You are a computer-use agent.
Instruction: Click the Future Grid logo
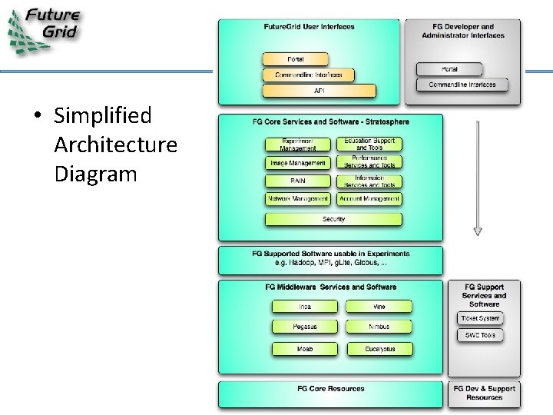tap(43, 30)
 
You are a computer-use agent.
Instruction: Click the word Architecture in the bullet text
tap(115, 144)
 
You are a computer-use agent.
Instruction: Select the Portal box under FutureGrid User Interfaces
tap(295, 59)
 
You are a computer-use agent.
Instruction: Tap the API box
tap(319, 91)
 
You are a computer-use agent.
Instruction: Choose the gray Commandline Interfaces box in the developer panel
tap(462, 85)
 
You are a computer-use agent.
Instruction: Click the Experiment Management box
tap(297, 144)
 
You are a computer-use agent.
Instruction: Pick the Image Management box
tap(297, 163)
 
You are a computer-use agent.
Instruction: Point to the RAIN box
tap(297, 181)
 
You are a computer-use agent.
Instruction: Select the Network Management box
tap(297, 198)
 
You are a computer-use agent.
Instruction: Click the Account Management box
tap(369, 198)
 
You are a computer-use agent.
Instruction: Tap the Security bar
tap(333, 219)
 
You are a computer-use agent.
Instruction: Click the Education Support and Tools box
tap(369, 144)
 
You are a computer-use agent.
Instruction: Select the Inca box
tap(305, 307)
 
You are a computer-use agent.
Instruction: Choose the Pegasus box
tap(305, 327)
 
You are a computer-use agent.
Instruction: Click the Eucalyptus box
tap(379, 348)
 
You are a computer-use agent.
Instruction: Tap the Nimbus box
tap(379, 327)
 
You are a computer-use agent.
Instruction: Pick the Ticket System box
tap(480, 318)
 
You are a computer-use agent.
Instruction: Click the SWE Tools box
tap(480, 335)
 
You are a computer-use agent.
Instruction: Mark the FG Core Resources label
tap(331, 389)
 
